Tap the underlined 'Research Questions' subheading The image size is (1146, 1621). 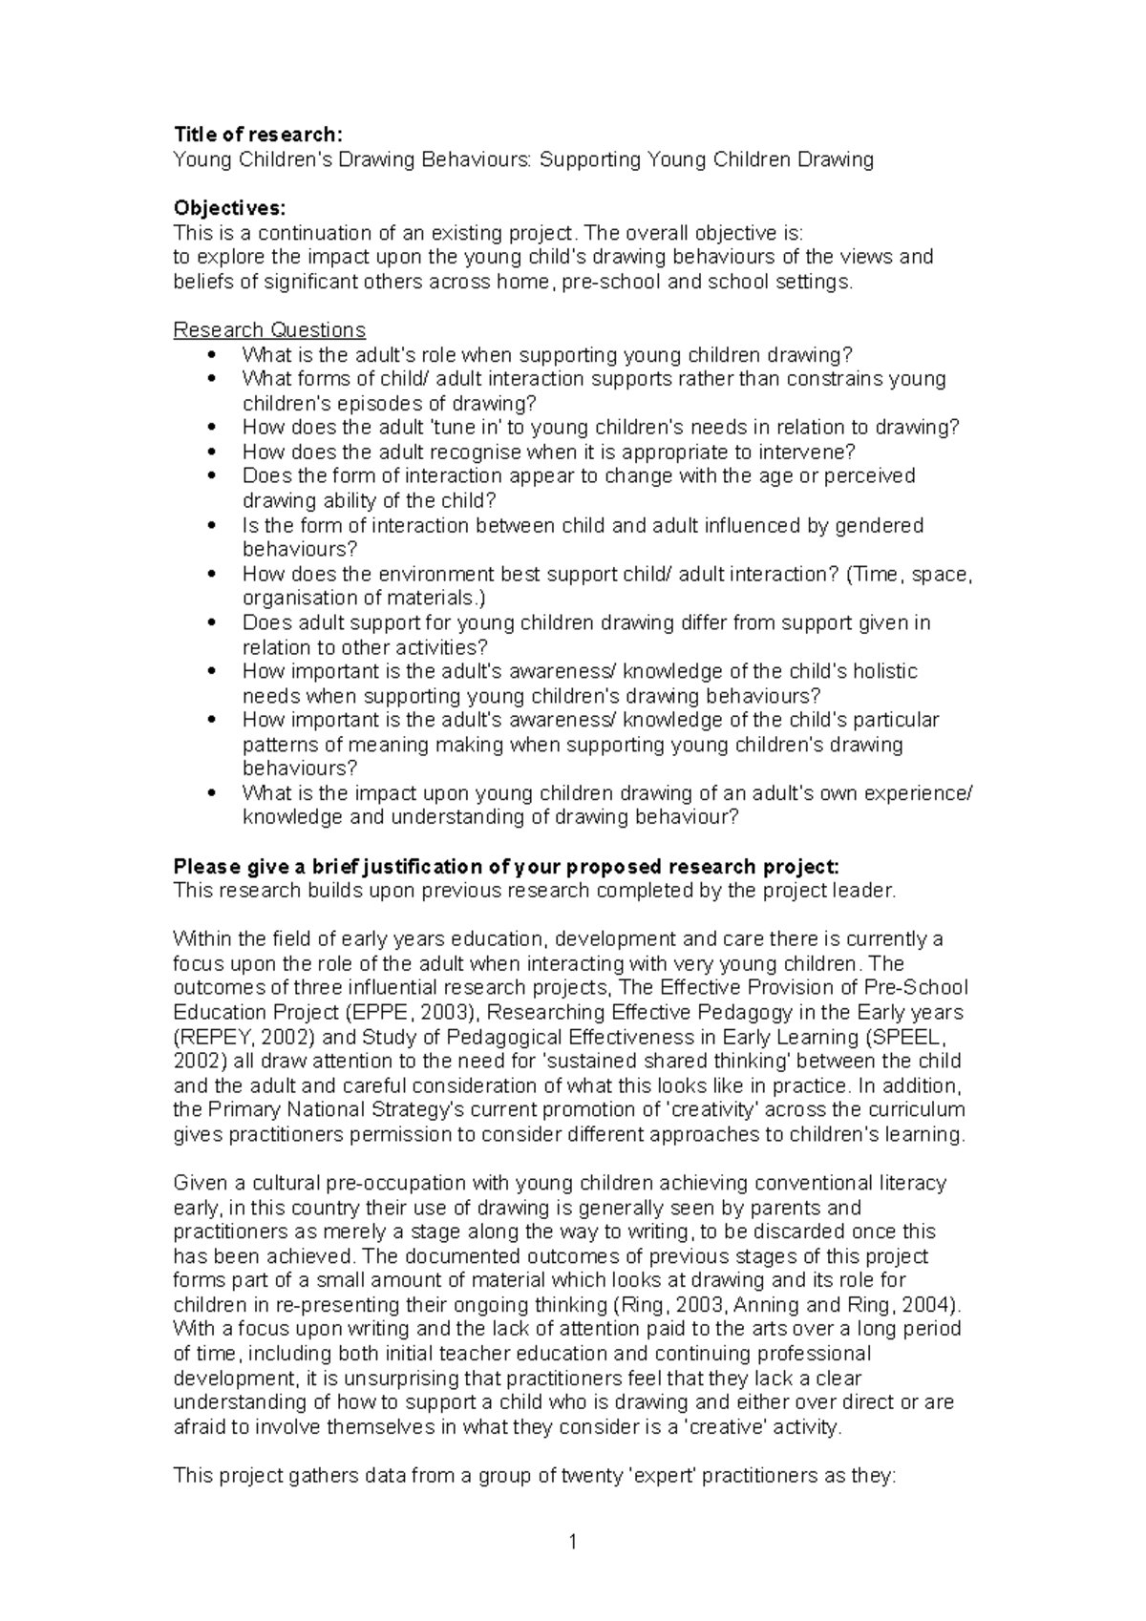coord(268,330)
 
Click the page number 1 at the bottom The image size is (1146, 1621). coord(573,1541)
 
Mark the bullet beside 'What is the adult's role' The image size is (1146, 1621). coord(212,355)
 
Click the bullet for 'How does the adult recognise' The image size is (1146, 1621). coord(212,453)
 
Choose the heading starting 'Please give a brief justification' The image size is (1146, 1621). coord(505,867)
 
